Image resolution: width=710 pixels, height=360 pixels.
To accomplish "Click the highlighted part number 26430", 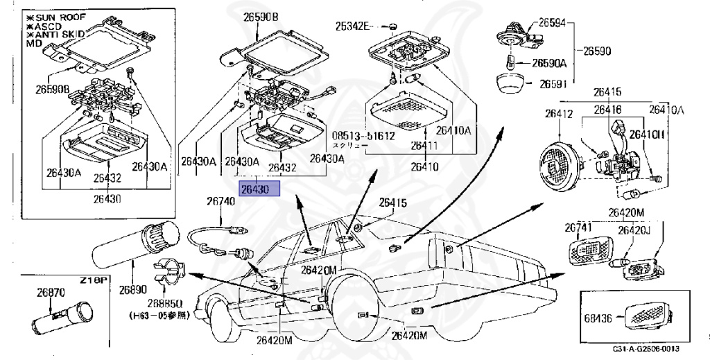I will pos(259,189).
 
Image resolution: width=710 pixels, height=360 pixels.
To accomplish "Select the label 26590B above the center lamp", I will pos(260,17).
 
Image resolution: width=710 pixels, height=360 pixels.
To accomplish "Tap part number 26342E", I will pos(354,26).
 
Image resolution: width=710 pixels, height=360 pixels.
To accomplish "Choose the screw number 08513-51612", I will pos(362,137).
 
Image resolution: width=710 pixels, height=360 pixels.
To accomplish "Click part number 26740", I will pos(220,201).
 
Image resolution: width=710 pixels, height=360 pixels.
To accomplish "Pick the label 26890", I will pos(133,289).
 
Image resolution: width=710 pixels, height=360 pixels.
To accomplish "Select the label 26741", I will pos(576,228).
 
